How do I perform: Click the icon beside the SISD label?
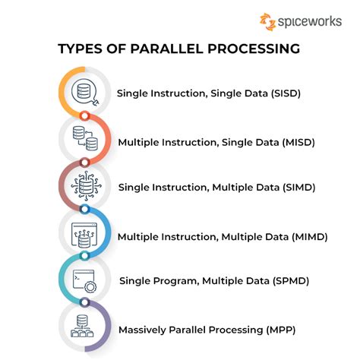click(83, 93)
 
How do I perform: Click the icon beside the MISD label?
click(83, 140)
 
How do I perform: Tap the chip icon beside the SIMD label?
click(83, 187)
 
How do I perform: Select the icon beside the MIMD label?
click(83, 235)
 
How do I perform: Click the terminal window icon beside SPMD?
click(83, 282)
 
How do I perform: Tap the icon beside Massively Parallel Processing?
click(83, 329)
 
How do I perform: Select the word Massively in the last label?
click(142, 328)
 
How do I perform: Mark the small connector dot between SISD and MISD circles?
click(85, 116)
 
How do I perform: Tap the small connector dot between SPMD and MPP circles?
click(85, 305)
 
